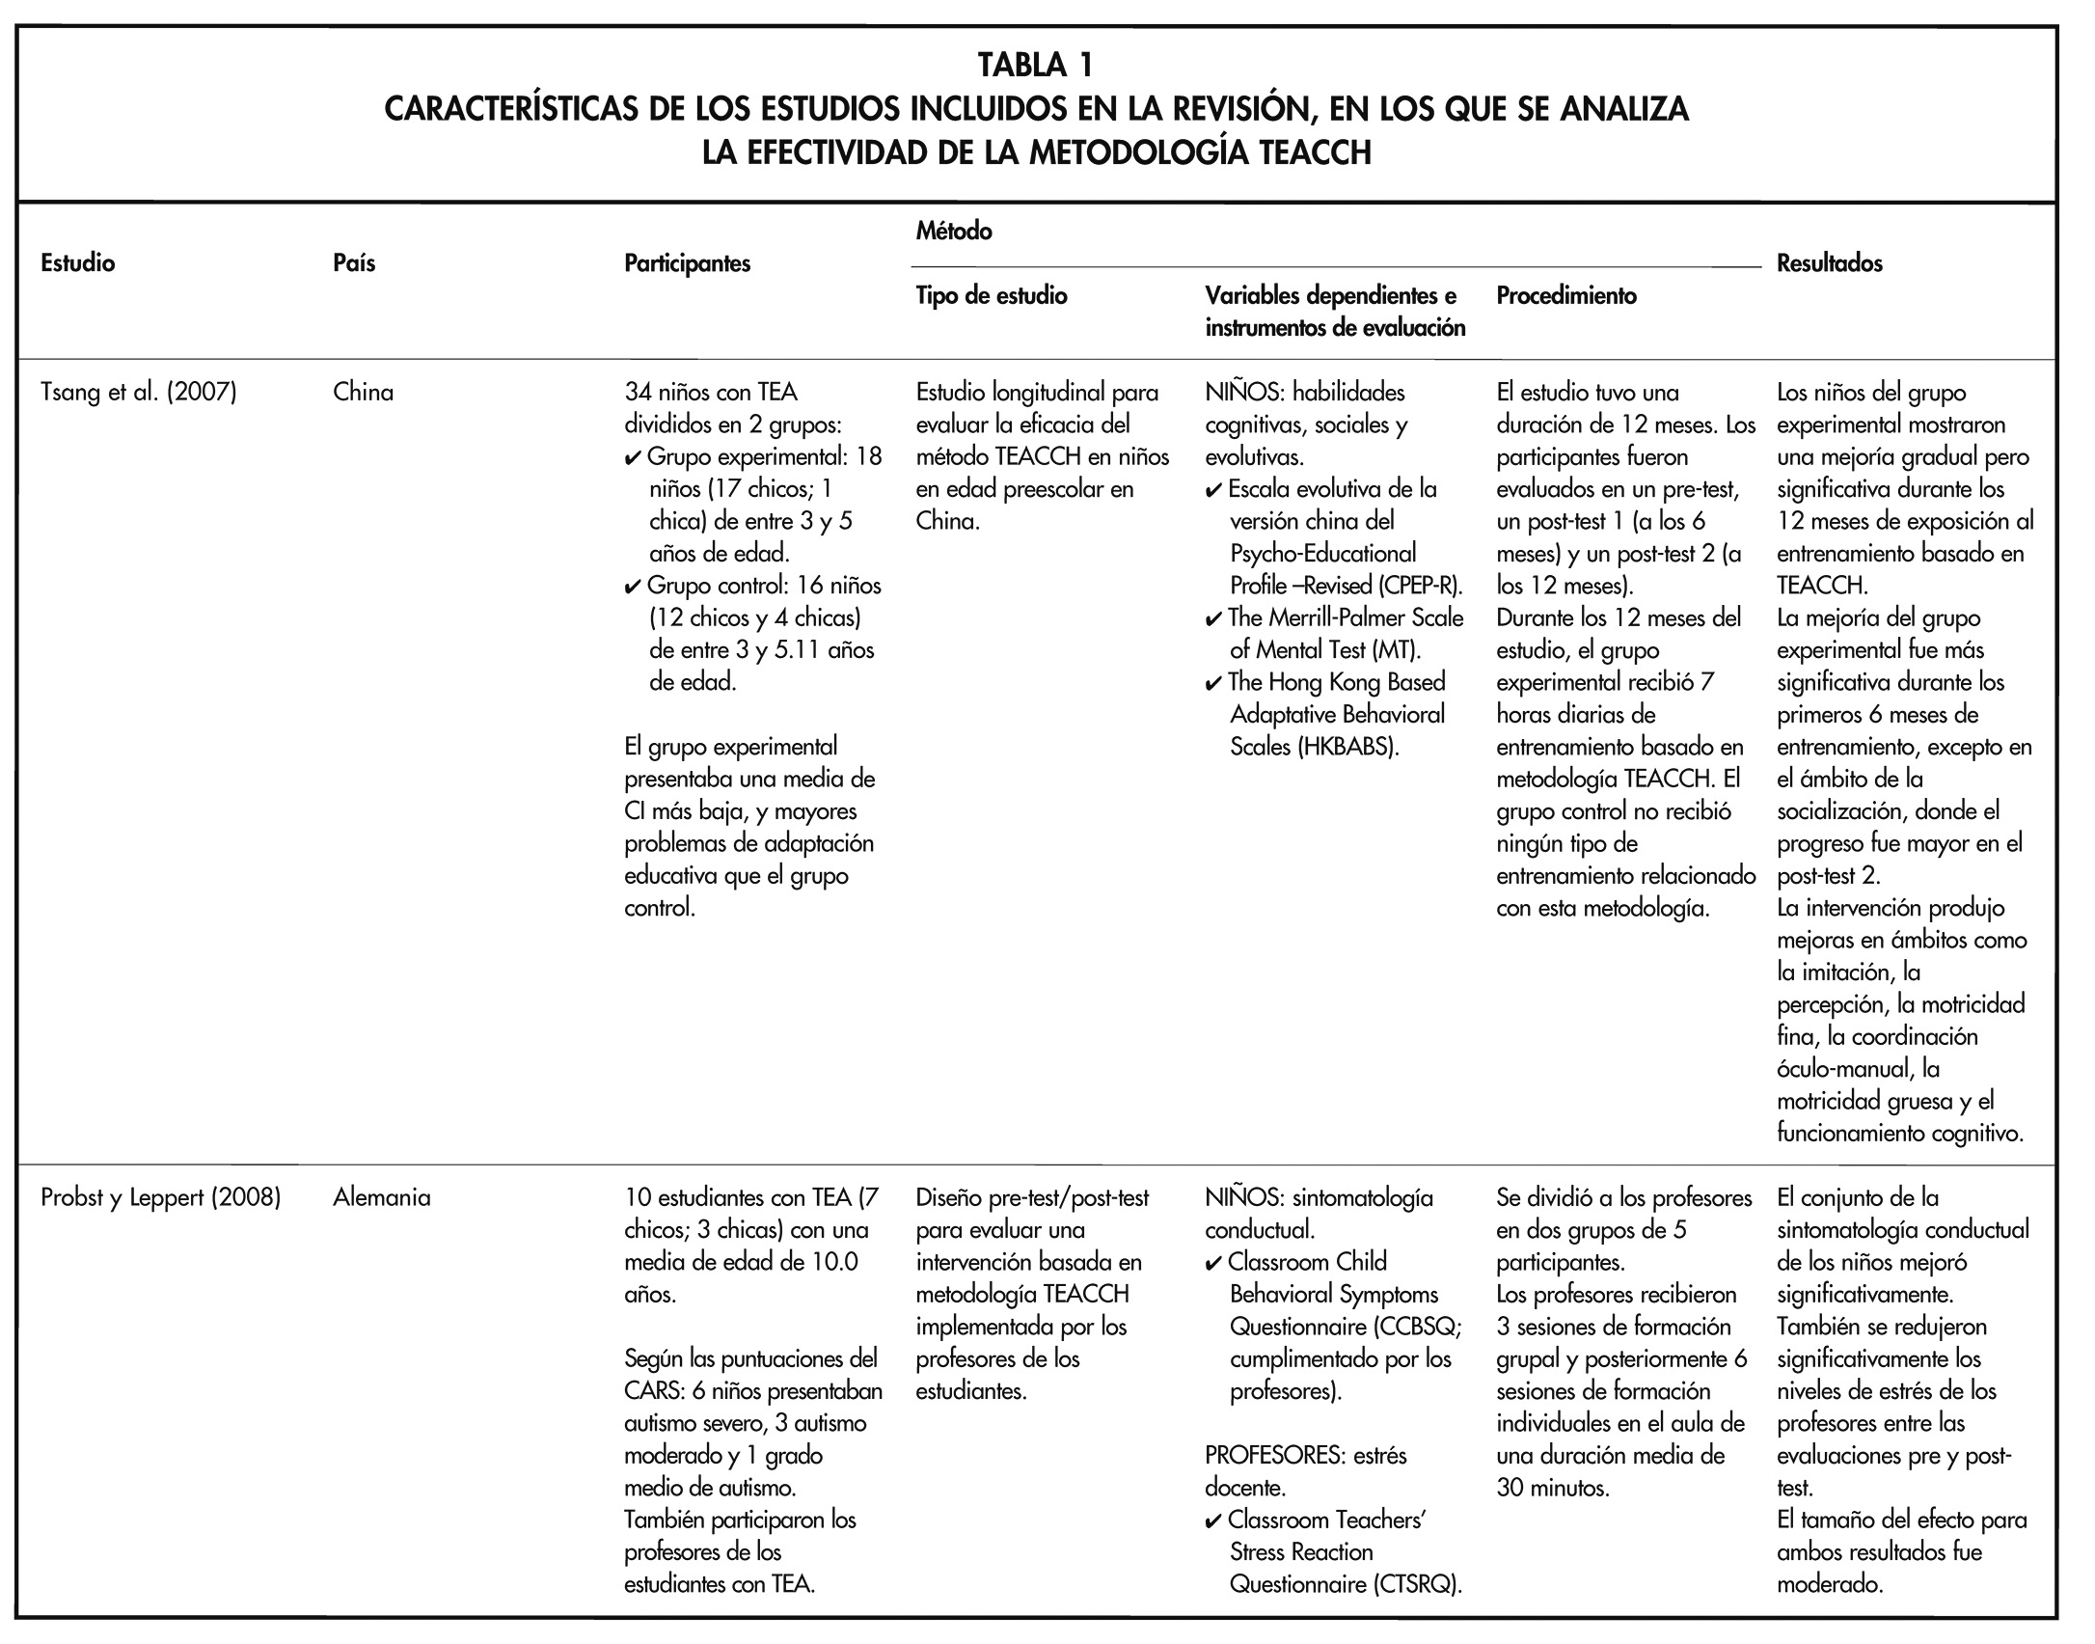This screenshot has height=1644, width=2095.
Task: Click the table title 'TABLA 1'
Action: click(x=1036, y=66)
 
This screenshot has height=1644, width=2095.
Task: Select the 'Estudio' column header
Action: click(x=78, y=262)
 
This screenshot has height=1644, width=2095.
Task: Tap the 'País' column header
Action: click(x=354, y=262)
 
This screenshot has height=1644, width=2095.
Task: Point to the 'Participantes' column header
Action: click(x=687, y=263)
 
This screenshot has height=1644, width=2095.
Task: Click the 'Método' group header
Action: click(x=954, y=231)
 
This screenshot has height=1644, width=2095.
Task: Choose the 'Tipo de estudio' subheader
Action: click(x=992, y=295)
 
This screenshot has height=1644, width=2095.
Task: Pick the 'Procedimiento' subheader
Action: click(x=1566, y=295)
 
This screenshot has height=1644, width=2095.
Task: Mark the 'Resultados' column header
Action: click(x=1829, y=262)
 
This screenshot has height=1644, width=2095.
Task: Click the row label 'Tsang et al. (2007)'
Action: click(x=139, y=393)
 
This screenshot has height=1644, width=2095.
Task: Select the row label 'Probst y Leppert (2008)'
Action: click(x=161, y=1197)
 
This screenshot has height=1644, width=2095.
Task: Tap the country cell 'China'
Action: click(x=363, y=393)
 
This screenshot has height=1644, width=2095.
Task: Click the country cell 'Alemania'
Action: click(x=382, y=1197)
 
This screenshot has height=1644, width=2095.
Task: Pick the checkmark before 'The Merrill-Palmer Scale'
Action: click(x=1213, y=618)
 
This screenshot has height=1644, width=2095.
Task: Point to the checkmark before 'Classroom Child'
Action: click(x=1213, y=1262)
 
